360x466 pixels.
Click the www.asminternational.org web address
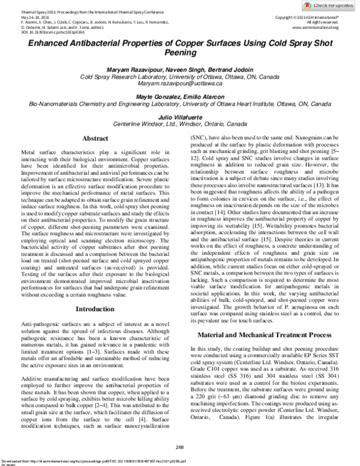[316, 27]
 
